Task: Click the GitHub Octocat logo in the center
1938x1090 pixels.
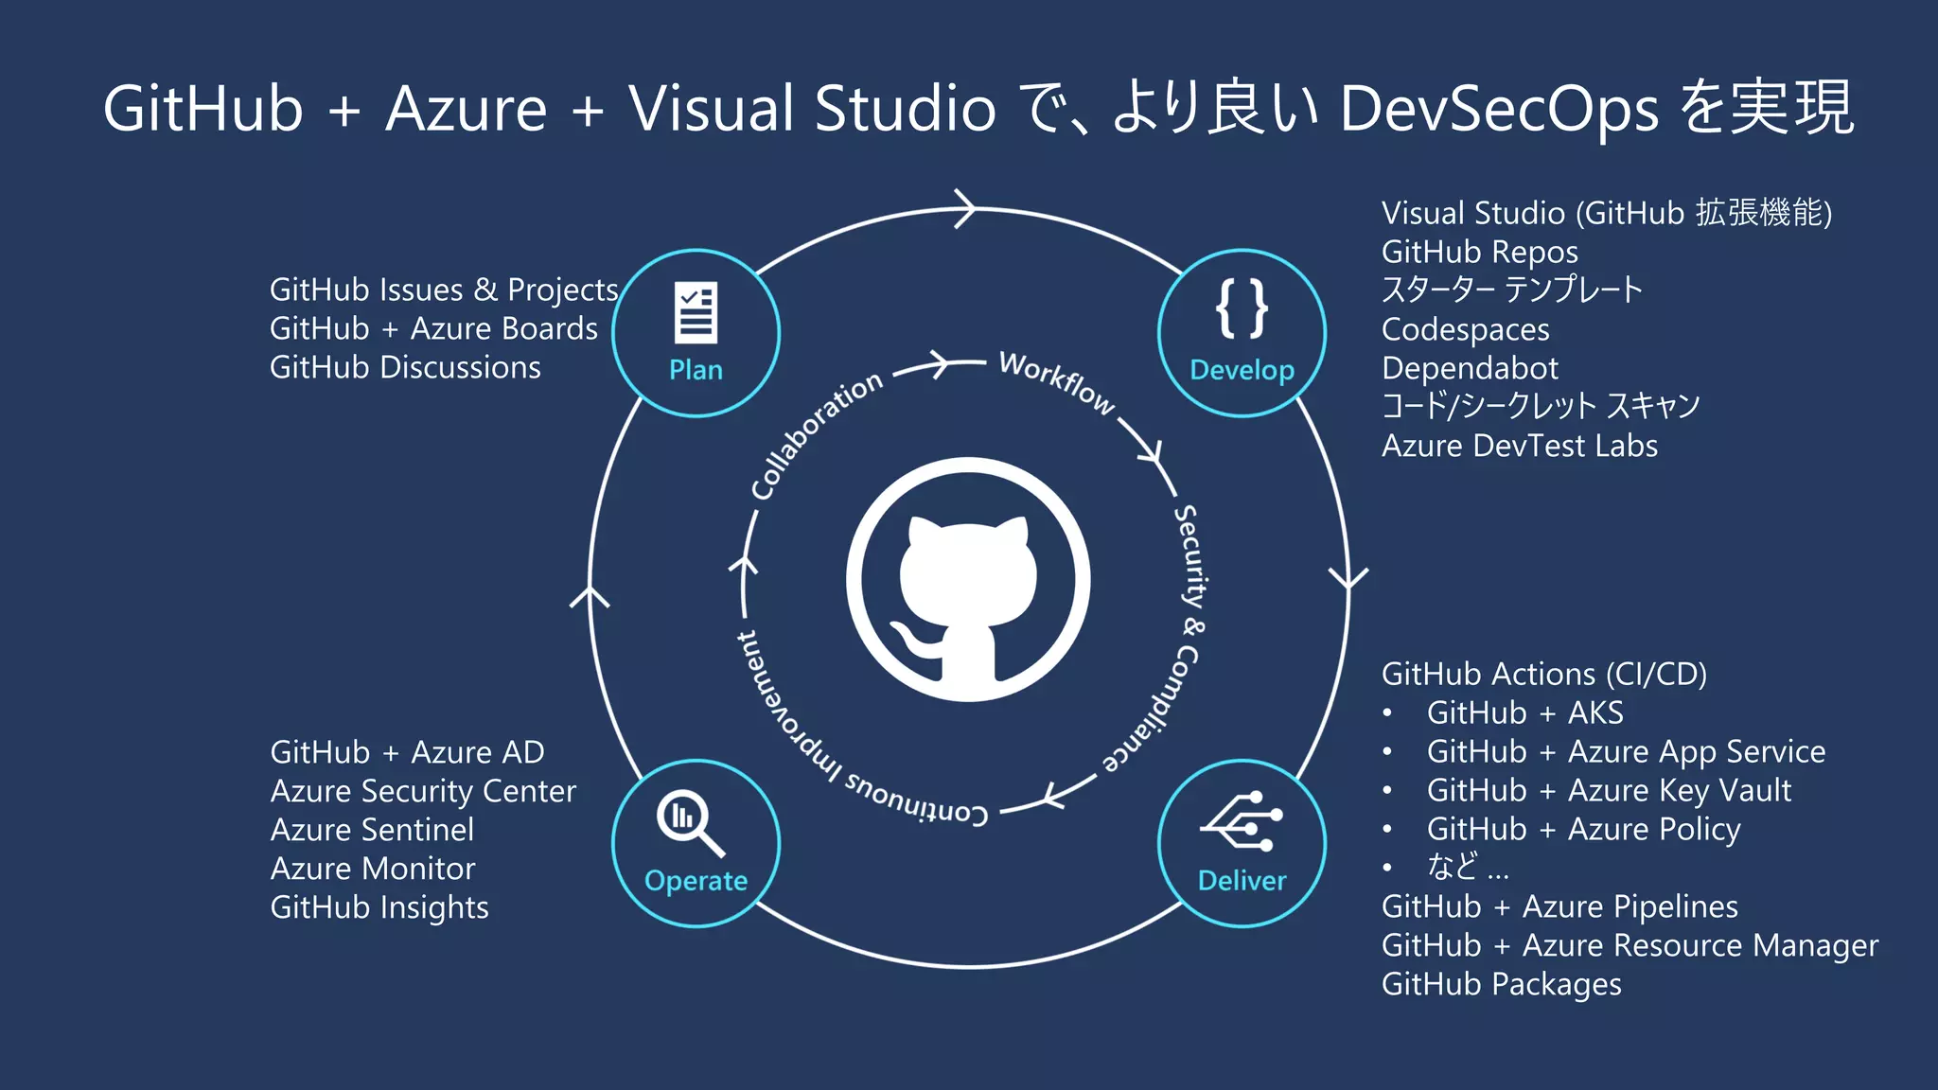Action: (x=968, y=580)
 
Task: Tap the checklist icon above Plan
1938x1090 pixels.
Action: (x=696, y=312)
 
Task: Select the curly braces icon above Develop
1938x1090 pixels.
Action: (x=1242, y=308)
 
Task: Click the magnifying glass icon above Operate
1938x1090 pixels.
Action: (x=690, y=821)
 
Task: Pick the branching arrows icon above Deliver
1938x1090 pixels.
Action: (x=1242, y=821)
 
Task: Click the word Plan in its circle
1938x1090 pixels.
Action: (x=696, y=370)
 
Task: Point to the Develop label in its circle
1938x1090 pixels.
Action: (x=1242, y=370)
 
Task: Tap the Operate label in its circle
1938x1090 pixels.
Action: (x=696, y=881)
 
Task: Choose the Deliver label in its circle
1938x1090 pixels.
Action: (x=1242, y=881)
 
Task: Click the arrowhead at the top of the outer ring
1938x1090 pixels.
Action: (x=967, y=208)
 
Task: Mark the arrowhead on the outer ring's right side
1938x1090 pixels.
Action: (x=1348, y=577)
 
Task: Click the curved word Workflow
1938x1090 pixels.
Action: (x=1057, y=381)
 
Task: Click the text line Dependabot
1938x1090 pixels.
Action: (x=1469, y=368)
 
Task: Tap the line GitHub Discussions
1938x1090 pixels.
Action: (x=405, y=367)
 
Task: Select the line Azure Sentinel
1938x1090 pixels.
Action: (x=372, y=830)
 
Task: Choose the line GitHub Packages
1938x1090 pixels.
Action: (x=1501, y=984)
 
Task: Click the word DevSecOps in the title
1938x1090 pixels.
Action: (x=1499, y=108)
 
